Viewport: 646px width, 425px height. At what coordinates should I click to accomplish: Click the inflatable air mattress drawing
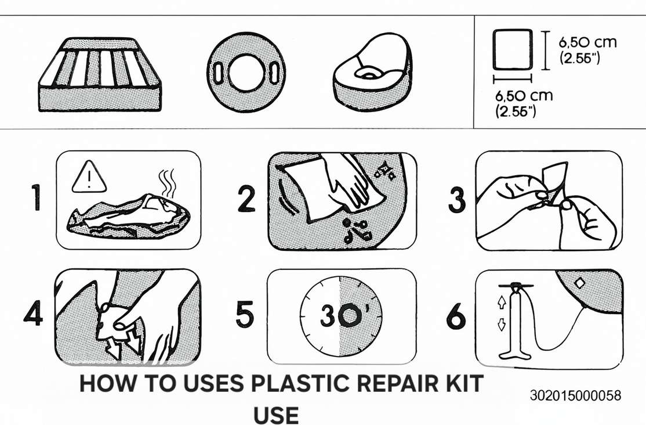pos(100,75)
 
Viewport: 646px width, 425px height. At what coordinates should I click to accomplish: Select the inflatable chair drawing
pos(373,72)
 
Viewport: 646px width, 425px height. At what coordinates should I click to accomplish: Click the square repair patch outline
pos(513,50)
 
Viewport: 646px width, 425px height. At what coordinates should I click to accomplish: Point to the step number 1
pos(37,197)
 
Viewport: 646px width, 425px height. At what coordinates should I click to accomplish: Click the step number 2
pos(247,199)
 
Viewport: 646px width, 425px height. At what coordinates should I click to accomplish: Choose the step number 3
pos(457,200)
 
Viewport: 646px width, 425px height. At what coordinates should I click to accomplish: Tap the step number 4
pos(33,313)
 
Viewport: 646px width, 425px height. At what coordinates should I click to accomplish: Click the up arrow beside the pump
pos(502,302)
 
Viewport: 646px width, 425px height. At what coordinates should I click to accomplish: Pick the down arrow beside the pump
pos(502,325)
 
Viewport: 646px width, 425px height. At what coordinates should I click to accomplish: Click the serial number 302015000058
pos(575,395)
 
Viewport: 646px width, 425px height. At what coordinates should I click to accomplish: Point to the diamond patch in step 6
pos(580,283)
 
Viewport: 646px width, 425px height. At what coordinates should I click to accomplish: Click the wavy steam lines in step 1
pos(167,182)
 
